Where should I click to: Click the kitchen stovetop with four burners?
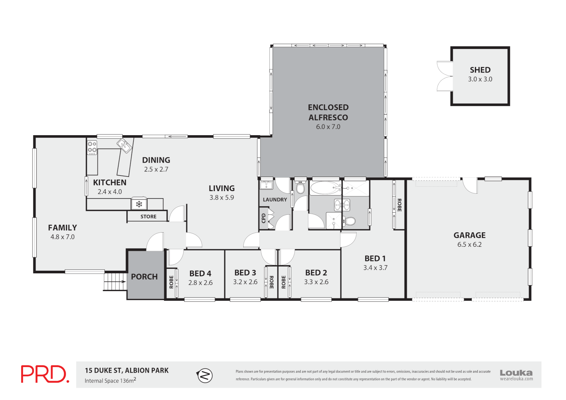92,147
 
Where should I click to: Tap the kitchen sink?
124,146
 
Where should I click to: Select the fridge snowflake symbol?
139,204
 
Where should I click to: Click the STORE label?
148,217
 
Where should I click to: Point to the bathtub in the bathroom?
325,188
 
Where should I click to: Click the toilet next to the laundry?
300,188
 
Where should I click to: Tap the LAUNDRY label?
275,200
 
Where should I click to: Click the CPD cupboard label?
263,218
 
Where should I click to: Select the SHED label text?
480,70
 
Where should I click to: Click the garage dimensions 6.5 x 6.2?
469,244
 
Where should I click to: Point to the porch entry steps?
114,281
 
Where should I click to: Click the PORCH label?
144,277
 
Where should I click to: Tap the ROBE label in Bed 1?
399,205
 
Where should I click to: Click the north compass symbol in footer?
204,376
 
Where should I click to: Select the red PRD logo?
45,374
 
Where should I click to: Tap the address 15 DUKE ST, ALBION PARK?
127,370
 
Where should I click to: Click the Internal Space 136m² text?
110,380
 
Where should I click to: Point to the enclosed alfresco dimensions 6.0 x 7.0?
328,127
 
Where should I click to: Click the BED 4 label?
200,273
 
